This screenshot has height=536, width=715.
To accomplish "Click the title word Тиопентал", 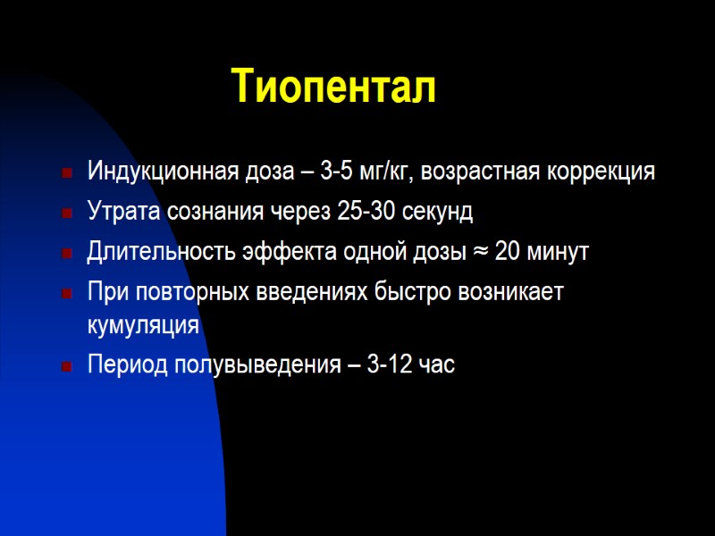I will [x=334, y=87].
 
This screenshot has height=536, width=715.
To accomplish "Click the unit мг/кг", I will [x=380, y=172].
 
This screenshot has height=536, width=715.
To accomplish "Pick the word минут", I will [x=560, y=252].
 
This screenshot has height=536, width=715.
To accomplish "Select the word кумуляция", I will [x=142, y=325].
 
